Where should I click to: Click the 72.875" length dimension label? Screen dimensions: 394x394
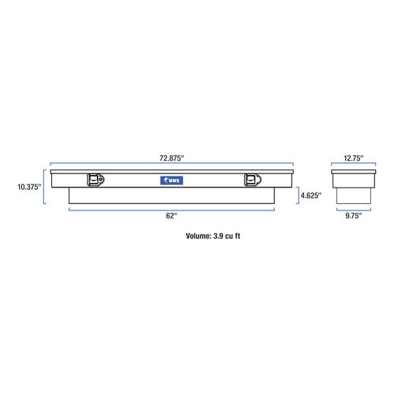click(172, 158)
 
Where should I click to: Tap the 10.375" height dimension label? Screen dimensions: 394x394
click(29, 187)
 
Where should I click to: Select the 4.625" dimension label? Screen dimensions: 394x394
click(311, 195)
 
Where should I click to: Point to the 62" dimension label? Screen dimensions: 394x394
click(172, 216)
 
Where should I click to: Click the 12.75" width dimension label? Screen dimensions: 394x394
click(354, 158)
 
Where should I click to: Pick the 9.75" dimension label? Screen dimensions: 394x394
click(354, 216)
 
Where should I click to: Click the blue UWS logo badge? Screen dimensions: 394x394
click(172, 180)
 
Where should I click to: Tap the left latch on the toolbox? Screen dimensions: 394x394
click(95, 180)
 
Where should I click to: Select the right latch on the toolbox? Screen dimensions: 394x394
click(253, 180)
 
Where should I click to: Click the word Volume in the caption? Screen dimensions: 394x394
click(199, 236)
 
